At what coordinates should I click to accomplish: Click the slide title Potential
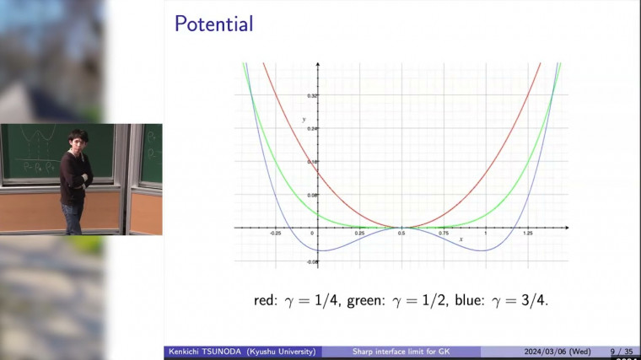213,24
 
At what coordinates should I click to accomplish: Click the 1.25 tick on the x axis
528,234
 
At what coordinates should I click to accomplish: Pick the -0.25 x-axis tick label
274,234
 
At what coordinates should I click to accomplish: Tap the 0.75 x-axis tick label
444,234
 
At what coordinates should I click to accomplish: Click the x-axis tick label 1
486,234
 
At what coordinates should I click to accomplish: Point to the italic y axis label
303,119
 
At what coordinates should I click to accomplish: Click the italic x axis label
461,239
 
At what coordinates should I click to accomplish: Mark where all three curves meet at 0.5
401,227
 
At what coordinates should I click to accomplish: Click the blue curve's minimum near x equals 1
484,250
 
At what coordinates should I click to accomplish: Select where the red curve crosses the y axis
317,172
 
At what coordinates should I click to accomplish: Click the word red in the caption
265,299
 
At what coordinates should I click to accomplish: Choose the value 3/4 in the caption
534,299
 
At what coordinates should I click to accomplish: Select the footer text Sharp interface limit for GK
401,352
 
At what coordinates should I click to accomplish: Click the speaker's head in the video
76,139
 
